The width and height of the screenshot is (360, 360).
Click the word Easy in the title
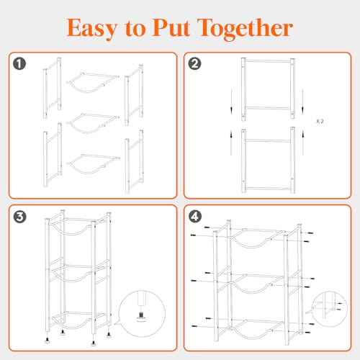[92, 28]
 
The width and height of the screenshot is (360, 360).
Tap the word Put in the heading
[172, 27]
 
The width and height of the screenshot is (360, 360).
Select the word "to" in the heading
[135, 29]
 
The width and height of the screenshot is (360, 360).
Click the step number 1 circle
[19, 63]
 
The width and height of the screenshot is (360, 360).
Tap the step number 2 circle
[194, 63]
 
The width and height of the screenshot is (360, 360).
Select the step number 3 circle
[19, 217]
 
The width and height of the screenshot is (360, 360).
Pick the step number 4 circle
[195, 217]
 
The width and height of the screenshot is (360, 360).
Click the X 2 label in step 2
[320, 121]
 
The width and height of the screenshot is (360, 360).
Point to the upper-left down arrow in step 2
[231, 101]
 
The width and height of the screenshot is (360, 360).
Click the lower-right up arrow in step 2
[303, 142]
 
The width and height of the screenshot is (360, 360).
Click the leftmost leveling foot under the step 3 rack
[48, 340]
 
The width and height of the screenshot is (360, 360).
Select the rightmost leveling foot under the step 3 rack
[109, 334]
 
